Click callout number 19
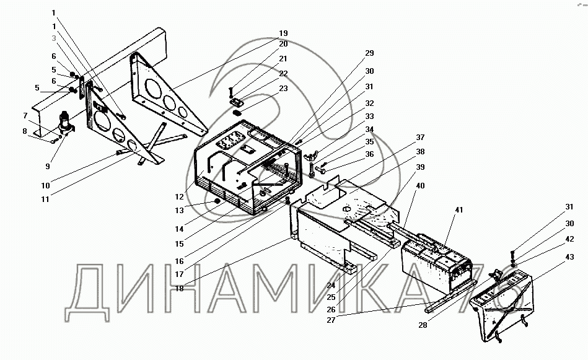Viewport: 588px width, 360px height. pyautogui.click(x=283, y=33)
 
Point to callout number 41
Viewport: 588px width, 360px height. pyautogui.click(x=459, y=210)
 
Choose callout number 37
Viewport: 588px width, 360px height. pyautogui.click(x=421, y=137)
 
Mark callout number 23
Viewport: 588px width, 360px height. pyautogui.click(x=283, y=88)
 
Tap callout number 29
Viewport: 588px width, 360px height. pyautogui.click(x=369, y=53)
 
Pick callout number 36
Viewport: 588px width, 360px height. pyautogui.click(x=369, y=154)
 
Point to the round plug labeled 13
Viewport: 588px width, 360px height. pyautogui.click(x=217, y=202)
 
